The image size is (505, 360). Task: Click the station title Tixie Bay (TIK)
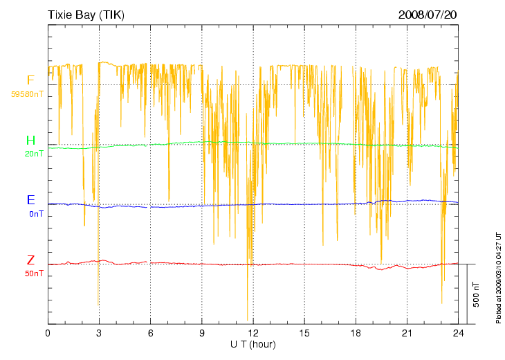pos(86,15)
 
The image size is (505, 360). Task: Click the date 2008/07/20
pos(428,15)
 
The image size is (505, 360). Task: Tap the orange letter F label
pos(30,80)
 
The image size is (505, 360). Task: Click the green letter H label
pos(30,141)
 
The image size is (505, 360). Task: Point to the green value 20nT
pos(34,154)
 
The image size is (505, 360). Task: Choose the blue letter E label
pos(30,201)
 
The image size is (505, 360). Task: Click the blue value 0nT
pos(36,214)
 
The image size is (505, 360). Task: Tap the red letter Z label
pos(30,261)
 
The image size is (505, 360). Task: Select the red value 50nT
pos(34,274)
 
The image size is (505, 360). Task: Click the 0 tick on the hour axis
pos(48,334)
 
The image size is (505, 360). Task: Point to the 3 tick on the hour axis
pos(99,334)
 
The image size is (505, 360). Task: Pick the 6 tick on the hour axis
pos(150,334)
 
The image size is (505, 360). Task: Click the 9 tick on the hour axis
pos(201,334)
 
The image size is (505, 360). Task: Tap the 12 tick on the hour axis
pos(252,334)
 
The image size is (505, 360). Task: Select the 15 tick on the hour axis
pos(304,334)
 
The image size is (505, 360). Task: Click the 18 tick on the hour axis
pos(355,334)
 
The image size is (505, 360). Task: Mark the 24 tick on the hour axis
pos(457,334)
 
